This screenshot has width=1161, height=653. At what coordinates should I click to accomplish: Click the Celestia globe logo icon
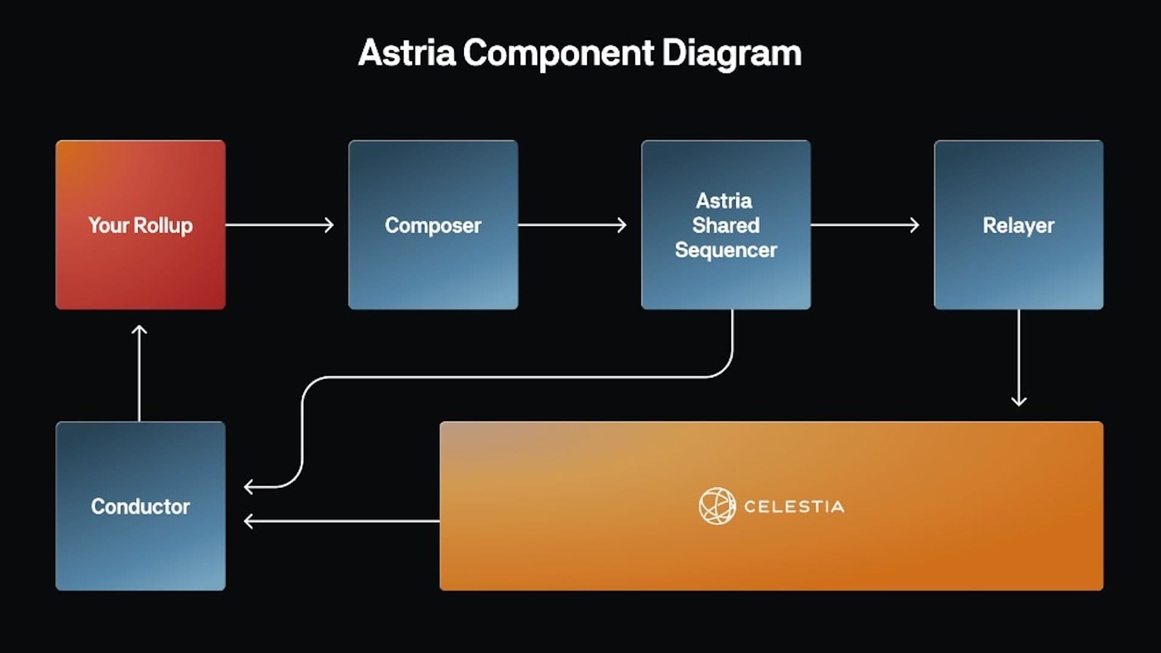click(x=717, y=506)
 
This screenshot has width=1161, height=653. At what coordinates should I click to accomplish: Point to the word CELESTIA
click(x=793, y=507)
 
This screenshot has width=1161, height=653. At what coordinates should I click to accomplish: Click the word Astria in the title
click(x=406, y=53)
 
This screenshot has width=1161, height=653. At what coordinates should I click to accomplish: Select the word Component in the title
click(x=558, y=53)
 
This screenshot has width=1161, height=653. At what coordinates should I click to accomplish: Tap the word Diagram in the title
click(x=732, y=53)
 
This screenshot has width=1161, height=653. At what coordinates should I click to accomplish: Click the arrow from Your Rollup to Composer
click(x=279, y=225)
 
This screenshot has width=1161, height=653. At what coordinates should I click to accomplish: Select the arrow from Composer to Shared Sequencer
click(x=572, y=225)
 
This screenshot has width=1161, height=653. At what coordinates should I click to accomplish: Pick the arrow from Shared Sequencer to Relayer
click(x=865, y=225)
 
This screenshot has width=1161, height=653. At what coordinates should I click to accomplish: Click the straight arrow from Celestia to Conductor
click(x=341, y=521)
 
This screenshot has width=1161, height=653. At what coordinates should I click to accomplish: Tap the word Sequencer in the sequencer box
click(x=726, y=250)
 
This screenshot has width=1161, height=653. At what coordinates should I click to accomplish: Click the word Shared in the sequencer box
click(x=726, y=226)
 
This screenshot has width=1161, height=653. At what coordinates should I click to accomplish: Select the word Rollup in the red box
click(x=163, y=226)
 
